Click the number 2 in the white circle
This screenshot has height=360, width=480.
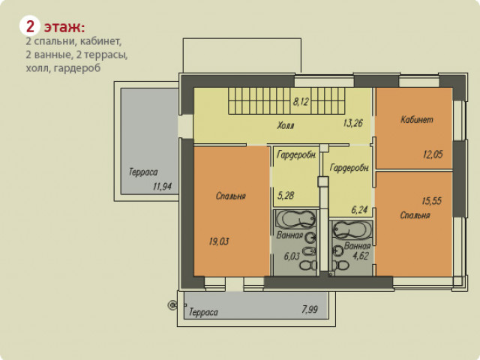(30, 27)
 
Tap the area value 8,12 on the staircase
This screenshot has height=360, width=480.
(301, 101)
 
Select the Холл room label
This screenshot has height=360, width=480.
(286, 125)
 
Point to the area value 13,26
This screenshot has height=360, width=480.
(353, 123)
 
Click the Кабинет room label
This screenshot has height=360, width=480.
(417, 119)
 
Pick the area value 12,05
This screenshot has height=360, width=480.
(433, 154)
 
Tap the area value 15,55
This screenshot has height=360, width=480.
(432, 201)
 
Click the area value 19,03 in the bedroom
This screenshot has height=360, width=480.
(219, 241)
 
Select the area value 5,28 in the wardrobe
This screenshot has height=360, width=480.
(286, 195)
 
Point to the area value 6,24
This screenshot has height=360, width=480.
(359, 210)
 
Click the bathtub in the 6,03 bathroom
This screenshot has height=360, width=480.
(295, 219)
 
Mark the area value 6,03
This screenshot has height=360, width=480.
(292, 256)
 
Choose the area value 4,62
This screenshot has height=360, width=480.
(361, 256)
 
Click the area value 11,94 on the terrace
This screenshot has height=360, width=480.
(162, 186)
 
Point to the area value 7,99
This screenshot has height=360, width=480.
(310, 309)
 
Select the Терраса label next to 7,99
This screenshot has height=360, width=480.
(203, 312)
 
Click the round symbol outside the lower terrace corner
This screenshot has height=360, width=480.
(172, 305)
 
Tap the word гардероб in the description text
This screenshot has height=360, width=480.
(77, 68)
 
